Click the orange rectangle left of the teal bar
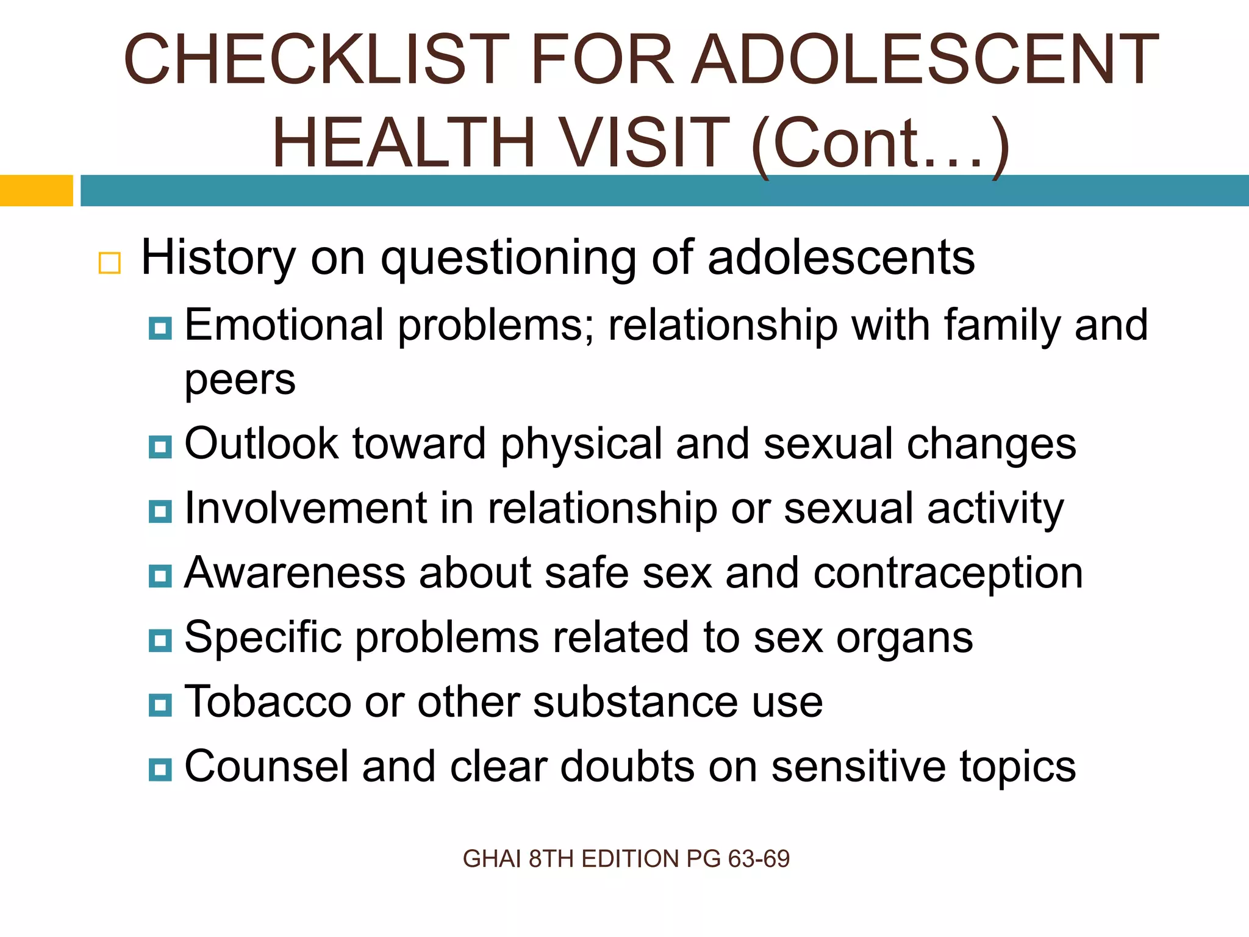pos(36,190)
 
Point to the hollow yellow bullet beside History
pos(110,263)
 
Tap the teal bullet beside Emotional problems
pos(160,328)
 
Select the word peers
pos(240,381)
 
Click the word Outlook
pos(260,443)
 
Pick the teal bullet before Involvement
pos(160,511)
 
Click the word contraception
pos(948,573)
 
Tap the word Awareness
pos(295,573)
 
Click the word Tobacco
pos(268,702)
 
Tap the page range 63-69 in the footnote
pos(759,859)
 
